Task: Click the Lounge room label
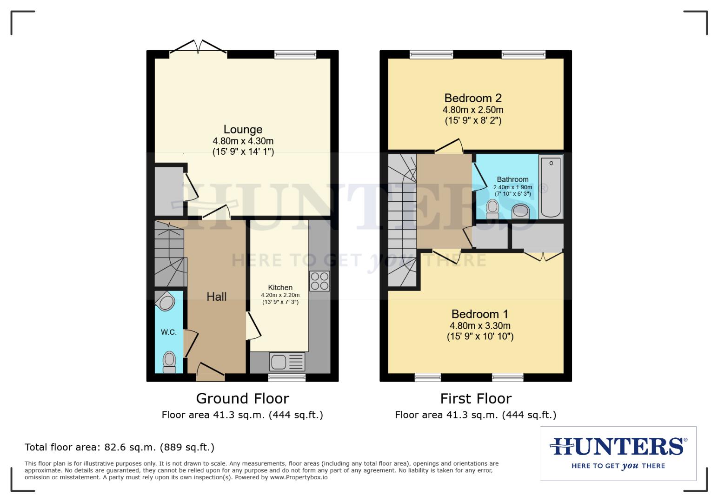tap(243, 130)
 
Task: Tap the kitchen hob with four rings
tap(319, 281)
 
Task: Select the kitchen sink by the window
tap(287, 362)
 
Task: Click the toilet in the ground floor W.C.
tap(169, 362)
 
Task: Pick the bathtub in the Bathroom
tap(551, 187)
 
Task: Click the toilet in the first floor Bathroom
tap(492, 209)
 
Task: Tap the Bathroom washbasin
tap(520, 212)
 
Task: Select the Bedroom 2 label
tap(472, 98)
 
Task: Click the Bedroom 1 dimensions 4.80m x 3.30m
tap(480, 326)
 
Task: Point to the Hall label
tap(217, 297)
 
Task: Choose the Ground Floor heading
tap(242, 398)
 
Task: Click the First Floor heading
tap(475, 398)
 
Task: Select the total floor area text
tap(120, 447)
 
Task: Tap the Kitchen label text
tap(280, 288)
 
